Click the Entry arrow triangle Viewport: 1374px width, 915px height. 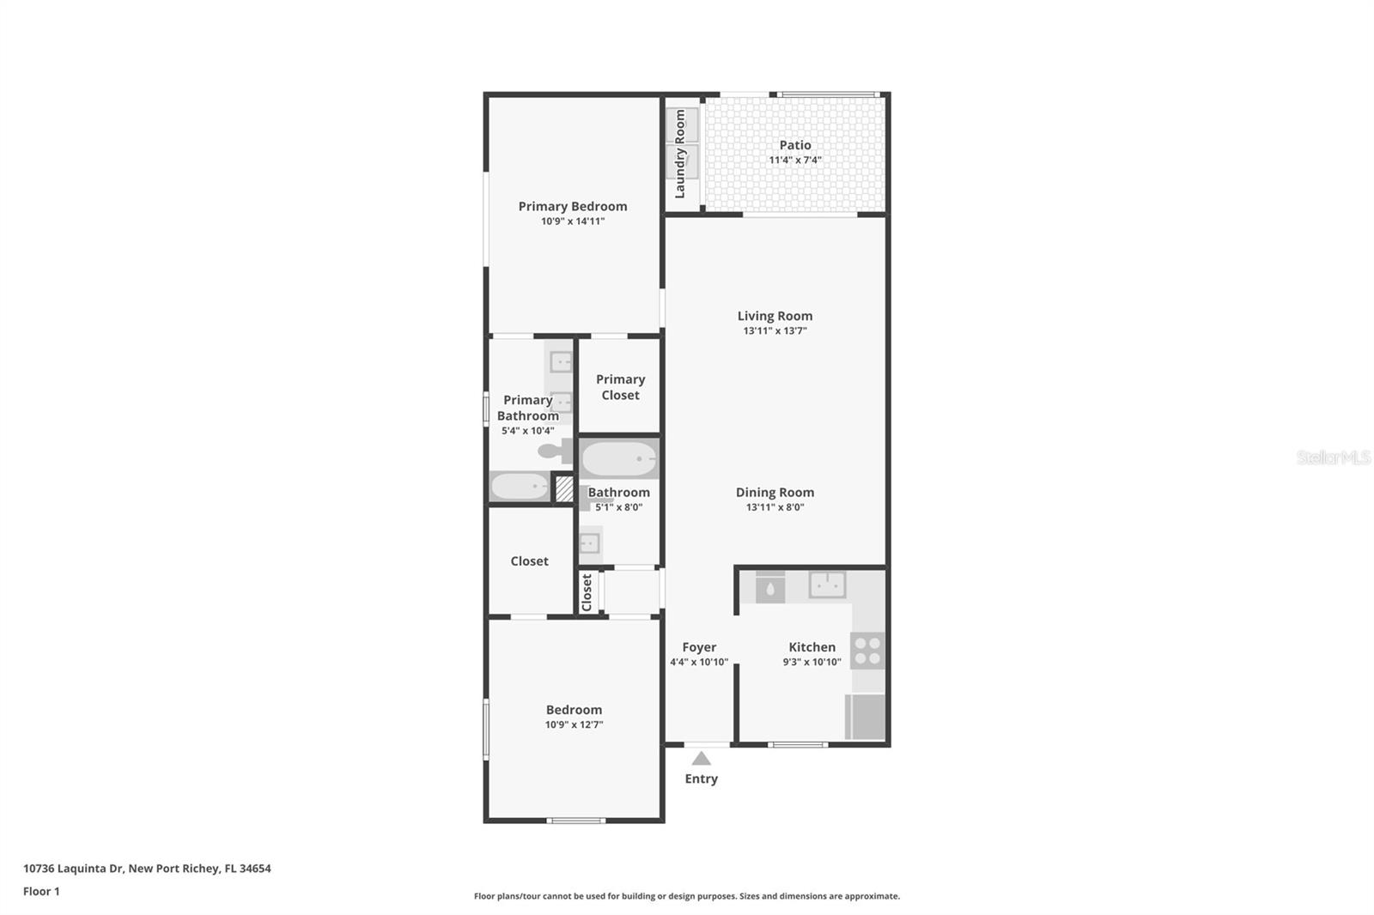point(701,758)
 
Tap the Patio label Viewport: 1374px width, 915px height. point(795,145)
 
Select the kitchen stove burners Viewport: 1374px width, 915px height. point(867,650)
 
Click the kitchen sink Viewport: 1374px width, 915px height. point(827,585)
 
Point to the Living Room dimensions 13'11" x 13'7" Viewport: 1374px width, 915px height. point(775,330)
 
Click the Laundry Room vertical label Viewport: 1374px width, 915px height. point(680,154)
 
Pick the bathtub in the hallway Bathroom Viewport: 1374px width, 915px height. point(618,460)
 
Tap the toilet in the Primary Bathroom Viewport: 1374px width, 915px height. point(552,450)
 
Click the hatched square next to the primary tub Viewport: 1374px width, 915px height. point(564,489)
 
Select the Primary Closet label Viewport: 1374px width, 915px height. point(620,387)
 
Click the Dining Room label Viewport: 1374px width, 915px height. point(775,492)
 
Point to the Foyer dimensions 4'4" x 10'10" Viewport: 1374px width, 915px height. point(699,662)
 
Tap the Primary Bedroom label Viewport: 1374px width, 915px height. point(573,206)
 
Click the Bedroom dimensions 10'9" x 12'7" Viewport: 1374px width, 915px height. point(574,724)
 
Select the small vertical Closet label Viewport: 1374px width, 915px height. point(587,592)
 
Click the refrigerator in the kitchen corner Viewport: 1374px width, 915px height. point(866,717)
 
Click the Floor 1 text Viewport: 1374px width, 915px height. point(41,891)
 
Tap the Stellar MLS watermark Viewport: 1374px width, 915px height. point(1333,457)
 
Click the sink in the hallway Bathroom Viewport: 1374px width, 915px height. point(589,542)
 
